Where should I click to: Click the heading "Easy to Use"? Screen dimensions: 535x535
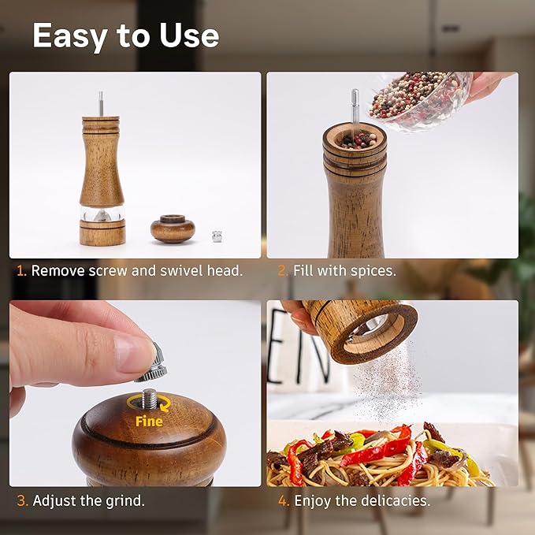125,36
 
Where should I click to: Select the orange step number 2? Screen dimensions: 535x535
282,270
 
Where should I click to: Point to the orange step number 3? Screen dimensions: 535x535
22,500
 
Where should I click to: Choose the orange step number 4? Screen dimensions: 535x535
283,500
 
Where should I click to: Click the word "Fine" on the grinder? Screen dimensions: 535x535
148,422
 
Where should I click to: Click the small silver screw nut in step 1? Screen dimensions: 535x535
217,235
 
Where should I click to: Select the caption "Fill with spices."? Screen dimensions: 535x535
344,270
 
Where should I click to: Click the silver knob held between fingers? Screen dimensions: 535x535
156,362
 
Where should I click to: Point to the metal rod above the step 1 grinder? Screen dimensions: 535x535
101,103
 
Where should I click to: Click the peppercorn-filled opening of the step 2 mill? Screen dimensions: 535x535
355,139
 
